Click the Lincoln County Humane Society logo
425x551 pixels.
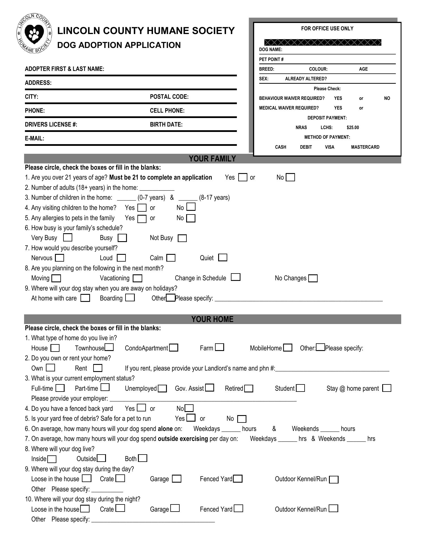coord(34,33)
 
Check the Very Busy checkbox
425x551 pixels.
coord(68,237)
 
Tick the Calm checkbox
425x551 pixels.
coord(171,258)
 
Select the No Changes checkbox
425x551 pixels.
coord(313,278)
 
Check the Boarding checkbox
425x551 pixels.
coord(130,298)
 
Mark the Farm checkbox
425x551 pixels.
coord(219,347)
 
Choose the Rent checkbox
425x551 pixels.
coord(97,368)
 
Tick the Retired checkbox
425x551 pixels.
coord(249,388)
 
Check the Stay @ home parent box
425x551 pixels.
coord(386,388)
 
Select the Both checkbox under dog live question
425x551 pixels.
coord(143,458)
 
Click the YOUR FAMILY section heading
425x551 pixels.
coord(212,159)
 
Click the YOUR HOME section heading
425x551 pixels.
coord(212,319)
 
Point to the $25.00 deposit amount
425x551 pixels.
coord(352,128)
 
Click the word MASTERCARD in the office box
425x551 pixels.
coord(365,147)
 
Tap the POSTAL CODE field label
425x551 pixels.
coord(169,97)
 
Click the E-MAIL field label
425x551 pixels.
coord(35,138)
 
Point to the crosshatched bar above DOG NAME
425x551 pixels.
coord(323,43)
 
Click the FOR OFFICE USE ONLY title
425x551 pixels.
coord(327,29)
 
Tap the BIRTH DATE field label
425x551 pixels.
coord(166,125)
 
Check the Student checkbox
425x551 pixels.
coord(300,388)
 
